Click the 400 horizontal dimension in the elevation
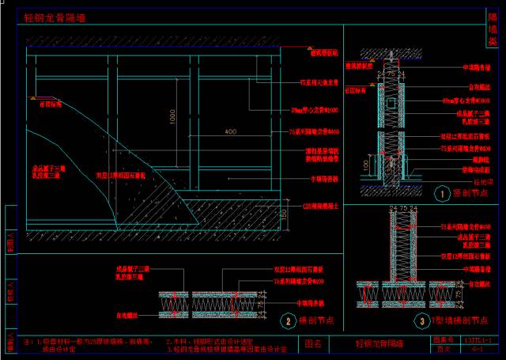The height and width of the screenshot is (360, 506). [231, 131]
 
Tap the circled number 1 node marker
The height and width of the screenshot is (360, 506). [441, 192]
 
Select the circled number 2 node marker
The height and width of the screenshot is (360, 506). [291, 320]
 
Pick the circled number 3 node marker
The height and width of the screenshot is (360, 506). [416, 320]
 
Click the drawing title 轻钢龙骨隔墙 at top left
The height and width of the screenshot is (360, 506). [55, 17]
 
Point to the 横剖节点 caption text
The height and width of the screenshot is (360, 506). [320, 320]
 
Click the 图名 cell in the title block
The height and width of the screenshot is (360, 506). [314, 344]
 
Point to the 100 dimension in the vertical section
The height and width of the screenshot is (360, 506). [364, 164]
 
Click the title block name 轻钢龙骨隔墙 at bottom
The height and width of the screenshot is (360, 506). [379, 344]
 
